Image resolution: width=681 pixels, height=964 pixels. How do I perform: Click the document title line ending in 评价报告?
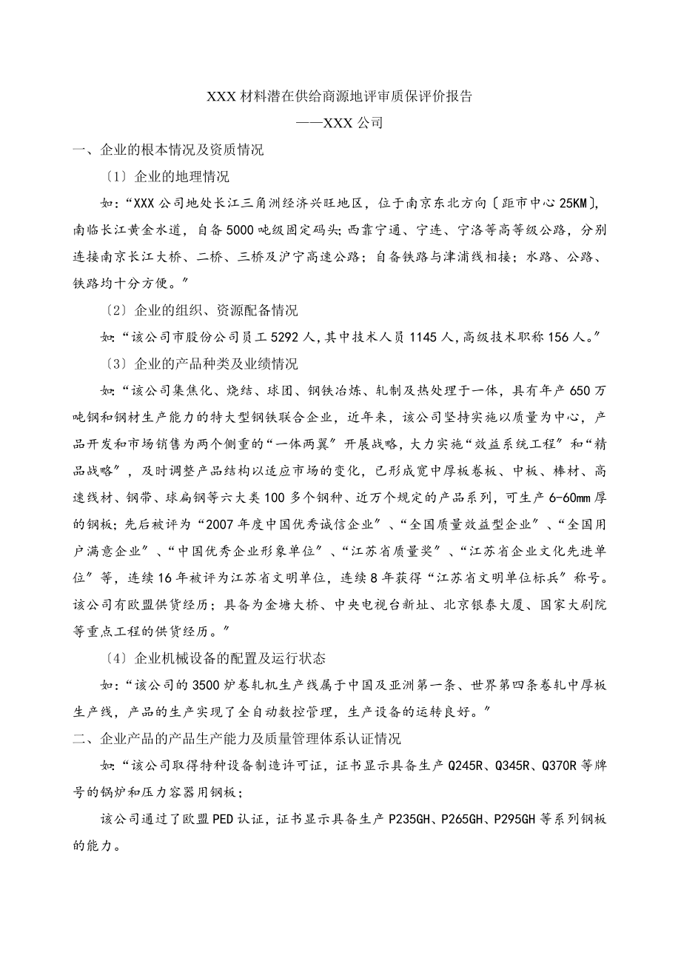pyautogui.click(x=340, y=96)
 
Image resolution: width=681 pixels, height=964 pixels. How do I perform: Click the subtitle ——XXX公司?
pyautogui.click(x=340, y=123)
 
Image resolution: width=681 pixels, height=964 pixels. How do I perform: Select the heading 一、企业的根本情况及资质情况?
pyautogui.click(x=168, y=150)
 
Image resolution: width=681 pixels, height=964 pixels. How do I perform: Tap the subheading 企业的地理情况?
pyautogui.click(x=182, y=176)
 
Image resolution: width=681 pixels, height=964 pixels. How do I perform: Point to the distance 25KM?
pyautogui.click(x=574, y=203)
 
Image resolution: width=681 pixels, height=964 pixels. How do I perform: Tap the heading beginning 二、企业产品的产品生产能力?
pyautogui.click(x=237, y=738)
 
